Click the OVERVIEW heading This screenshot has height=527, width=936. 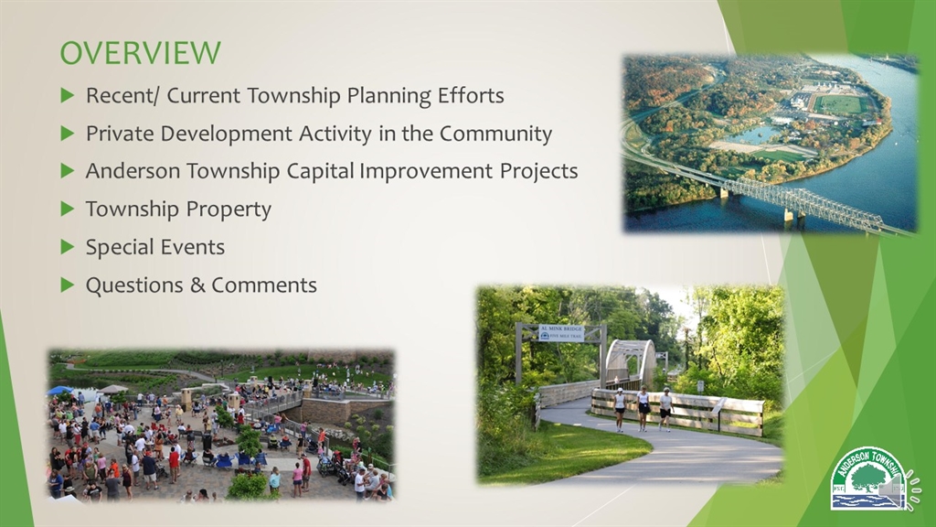(140, 52)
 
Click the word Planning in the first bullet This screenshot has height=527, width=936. (399, 95)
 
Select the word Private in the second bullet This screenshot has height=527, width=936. (120, 134)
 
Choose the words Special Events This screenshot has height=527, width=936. (154, 247)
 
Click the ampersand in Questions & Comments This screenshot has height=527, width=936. (197, 285)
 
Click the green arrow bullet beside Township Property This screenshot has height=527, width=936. (67, 210)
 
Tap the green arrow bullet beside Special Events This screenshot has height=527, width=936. (67, 247)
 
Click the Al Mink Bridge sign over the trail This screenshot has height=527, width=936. (560, 332)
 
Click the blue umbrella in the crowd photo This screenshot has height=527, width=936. (60, 391)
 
